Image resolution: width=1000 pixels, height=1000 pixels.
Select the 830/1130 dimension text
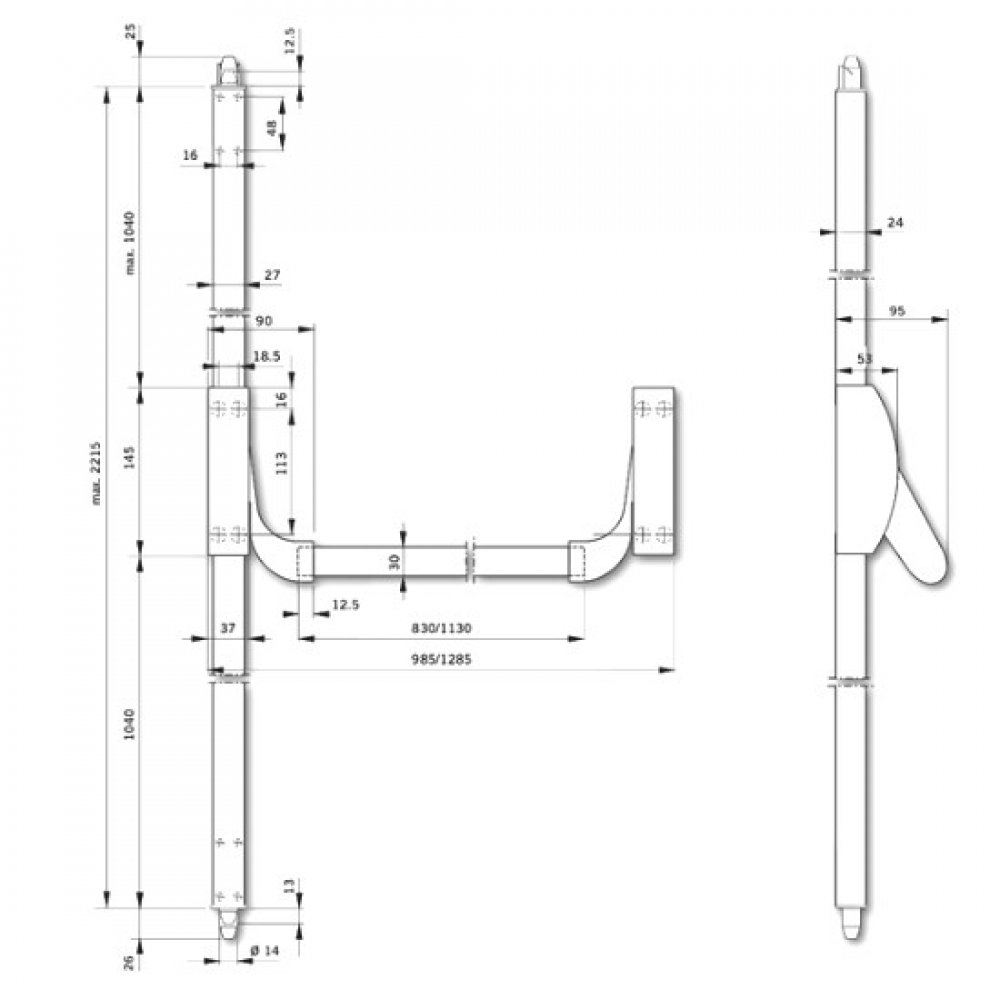[441, 629]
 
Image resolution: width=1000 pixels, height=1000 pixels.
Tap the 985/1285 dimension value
[441, 660]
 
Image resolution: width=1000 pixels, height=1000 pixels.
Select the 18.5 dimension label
[266, 355]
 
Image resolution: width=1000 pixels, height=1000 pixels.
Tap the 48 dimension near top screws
[272, 127]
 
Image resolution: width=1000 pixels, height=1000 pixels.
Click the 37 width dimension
[227, 628]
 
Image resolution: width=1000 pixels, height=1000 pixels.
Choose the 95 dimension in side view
[896, 312]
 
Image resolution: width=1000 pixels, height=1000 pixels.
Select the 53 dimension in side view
[864, 358]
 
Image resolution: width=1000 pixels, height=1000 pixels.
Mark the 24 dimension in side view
[894, 223]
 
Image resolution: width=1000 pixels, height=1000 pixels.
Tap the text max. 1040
[130, 241]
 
